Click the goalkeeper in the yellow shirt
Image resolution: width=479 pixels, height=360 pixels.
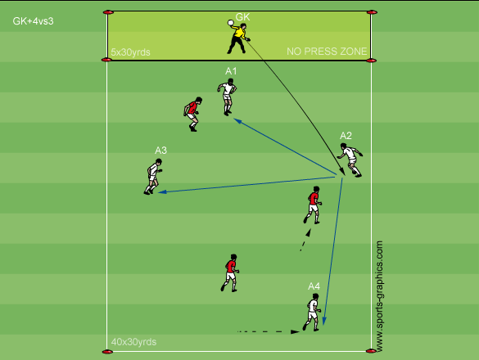pos(238,38)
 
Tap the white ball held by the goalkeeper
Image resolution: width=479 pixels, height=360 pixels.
pos(231,23)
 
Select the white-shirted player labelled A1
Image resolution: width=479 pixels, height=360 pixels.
pos(227,97)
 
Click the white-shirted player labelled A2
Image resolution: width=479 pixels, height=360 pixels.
pos(350,160)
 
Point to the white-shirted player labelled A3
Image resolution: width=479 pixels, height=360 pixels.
pos(153,177)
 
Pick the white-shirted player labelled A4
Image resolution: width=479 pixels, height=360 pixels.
pos(312,312)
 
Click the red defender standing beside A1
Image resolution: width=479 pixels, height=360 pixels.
pos(192,115)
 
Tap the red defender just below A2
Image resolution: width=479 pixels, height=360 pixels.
pos(313,205)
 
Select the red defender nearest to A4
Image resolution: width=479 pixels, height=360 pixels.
pos(230,272)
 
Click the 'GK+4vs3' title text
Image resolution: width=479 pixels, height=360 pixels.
pos(33,21)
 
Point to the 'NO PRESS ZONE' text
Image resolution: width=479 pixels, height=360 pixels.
pos(327,52)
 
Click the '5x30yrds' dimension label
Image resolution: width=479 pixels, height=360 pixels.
pos(130,52)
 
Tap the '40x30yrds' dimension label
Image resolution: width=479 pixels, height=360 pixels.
pos(133,342)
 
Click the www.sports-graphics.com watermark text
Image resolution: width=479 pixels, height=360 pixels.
pos(379,296)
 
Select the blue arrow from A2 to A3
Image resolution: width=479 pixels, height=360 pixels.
pos(246,184)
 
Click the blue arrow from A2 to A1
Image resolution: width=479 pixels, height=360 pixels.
pos(285,147)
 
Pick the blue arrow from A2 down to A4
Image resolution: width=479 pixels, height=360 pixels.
pos(333,252)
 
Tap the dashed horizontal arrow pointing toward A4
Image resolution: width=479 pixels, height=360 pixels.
pos(269,331)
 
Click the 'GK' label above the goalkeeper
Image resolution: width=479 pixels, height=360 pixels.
pos(243,17)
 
